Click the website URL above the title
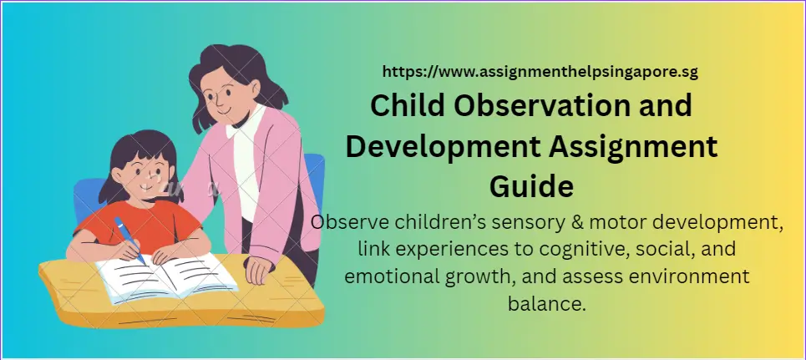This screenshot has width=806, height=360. click(540, 72)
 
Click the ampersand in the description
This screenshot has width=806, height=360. click(557, 223)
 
